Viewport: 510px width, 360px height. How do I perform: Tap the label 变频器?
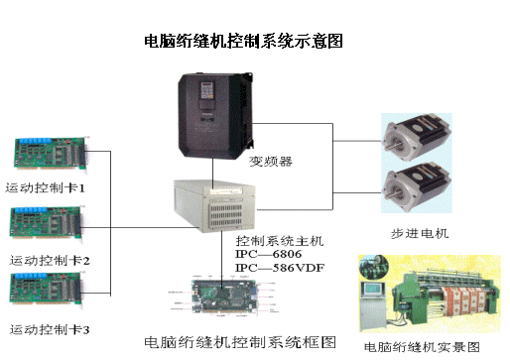tap(264, 160)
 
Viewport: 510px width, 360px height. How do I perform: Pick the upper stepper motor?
tap(416, 136)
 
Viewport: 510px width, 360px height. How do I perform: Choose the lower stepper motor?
tap(416, 187)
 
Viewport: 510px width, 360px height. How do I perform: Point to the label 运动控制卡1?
tap(46, 187)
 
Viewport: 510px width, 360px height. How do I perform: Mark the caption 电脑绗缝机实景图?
tap(422, 347)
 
